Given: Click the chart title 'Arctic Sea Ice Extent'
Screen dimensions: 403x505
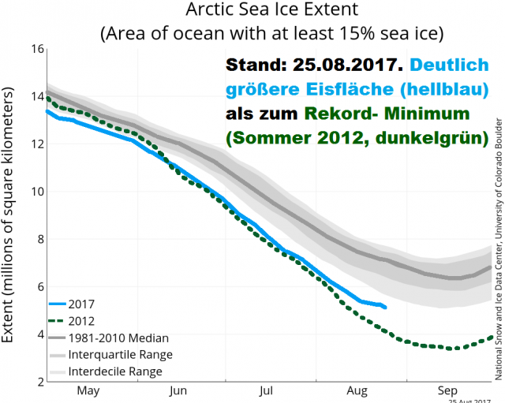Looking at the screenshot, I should (x=251, y=12).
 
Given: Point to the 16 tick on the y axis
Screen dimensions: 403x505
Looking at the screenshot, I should (x=35, y=49).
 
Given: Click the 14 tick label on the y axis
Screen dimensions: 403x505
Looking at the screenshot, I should (x=35, y=96).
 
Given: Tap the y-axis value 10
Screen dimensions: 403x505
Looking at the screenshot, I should (x=35, y=192).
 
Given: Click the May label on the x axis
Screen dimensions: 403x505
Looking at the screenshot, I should (x=88, y=390).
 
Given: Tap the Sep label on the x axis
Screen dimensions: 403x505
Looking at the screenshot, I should (x=448, y=390).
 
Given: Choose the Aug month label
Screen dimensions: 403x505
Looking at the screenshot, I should (x=357, y=390).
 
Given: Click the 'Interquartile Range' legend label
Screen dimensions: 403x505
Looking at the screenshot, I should (x=120, y=355).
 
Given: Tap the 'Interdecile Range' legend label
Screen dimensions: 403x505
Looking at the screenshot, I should (x=115, y=371).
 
